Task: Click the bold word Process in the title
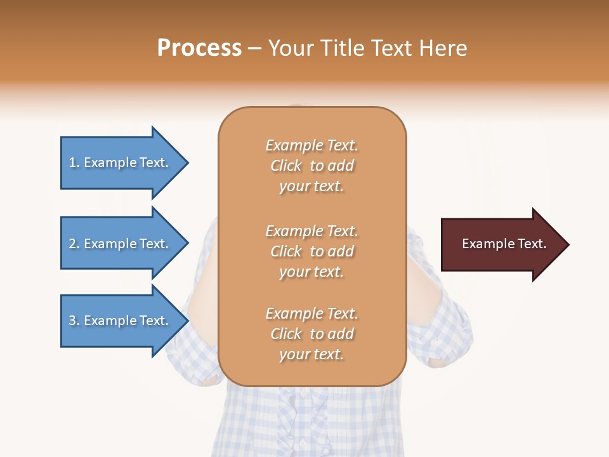coord(199,48)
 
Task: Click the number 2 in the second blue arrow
coord(72,244)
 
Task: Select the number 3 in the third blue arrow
coord(72,321)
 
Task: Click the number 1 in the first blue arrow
coord(72,162)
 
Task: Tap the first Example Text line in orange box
coord(311,145)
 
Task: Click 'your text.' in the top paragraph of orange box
coord(311,187)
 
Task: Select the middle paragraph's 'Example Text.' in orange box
coord(311,231)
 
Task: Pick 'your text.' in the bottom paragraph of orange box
coord(311,355)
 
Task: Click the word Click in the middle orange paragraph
coord(286,251)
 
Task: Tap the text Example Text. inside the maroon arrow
coord(504,244)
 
